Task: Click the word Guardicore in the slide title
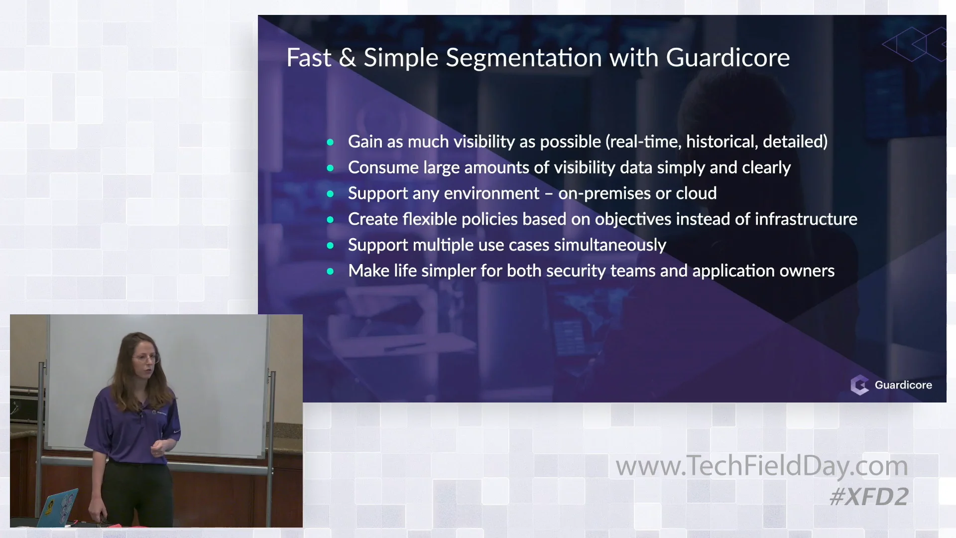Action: pyautogui.click(x=727, y=58)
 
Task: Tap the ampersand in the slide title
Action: pyautogui.click(x=347, y=58)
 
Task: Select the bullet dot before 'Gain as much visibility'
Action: pyautogui.click(x=330, y=142)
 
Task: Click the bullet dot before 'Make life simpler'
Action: pyautogui.click(x=330, y=271)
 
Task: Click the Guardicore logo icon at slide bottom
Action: pyautogui.click(x=859, y=385)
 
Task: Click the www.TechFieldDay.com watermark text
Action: pyautogui.click(x=761, y=466)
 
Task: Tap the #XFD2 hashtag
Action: pyautogui.click(x=869, y=497)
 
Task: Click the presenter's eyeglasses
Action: pyautogui.click(x=146, y=358)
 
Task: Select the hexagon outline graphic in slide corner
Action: pyautogui.click(x=914, y=44)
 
